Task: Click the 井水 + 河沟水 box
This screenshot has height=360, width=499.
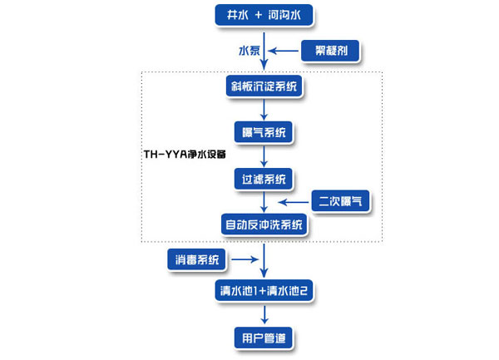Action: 264,15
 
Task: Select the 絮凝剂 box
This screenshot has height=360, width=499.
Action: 330,52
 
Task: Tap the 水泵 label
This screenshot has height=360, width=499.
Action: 250,52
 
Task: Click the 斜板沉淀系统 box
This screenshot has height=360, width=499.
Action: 264,86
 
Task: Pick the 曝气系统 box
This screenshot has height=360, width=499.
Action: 264,132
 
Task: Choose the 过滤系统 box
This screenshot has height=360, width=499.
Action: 264,178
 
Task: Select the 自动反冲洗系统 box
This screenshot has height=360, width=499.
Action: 264,224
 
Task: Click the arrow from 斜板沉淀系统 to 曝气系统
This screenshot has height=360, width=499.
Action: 264,109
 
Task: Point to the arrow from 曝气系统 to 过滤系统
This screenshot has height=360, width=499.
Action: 264,155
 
